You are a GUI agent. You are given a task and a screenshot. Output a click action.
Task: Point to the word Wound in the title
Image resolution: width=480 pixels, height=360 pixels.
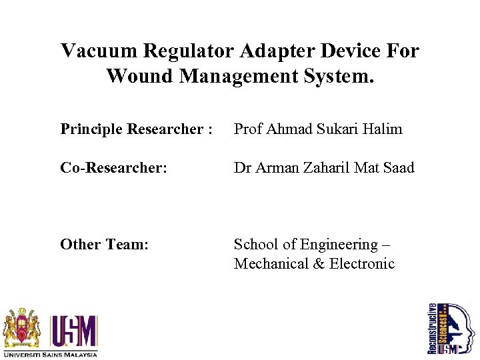140,76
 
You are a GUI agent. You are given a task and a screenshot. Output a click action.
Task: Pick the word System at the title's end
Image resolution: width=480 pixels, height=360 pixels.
339,76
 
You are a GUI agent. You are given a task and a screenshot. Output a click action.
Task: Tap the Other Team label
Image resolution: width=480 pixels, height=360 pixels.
104,245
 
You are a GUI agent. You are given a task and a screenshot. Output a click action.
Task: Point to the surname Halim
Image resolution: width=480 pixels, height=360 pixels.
383,129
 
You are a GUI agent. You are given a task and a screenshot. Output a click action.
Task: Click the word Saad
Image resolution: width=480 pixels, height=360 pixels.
399,168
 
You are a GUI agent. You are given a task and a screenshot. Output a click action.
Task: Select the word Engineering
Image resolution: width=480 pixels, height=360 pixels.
339,245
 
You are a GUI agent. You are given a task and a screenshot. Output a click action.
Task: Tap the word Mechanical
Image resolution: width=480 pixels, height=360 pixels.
270,263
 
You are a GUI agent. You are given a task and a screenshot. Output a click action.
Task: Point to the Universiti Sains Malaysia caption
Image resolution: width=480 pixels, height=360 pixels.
51,353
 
